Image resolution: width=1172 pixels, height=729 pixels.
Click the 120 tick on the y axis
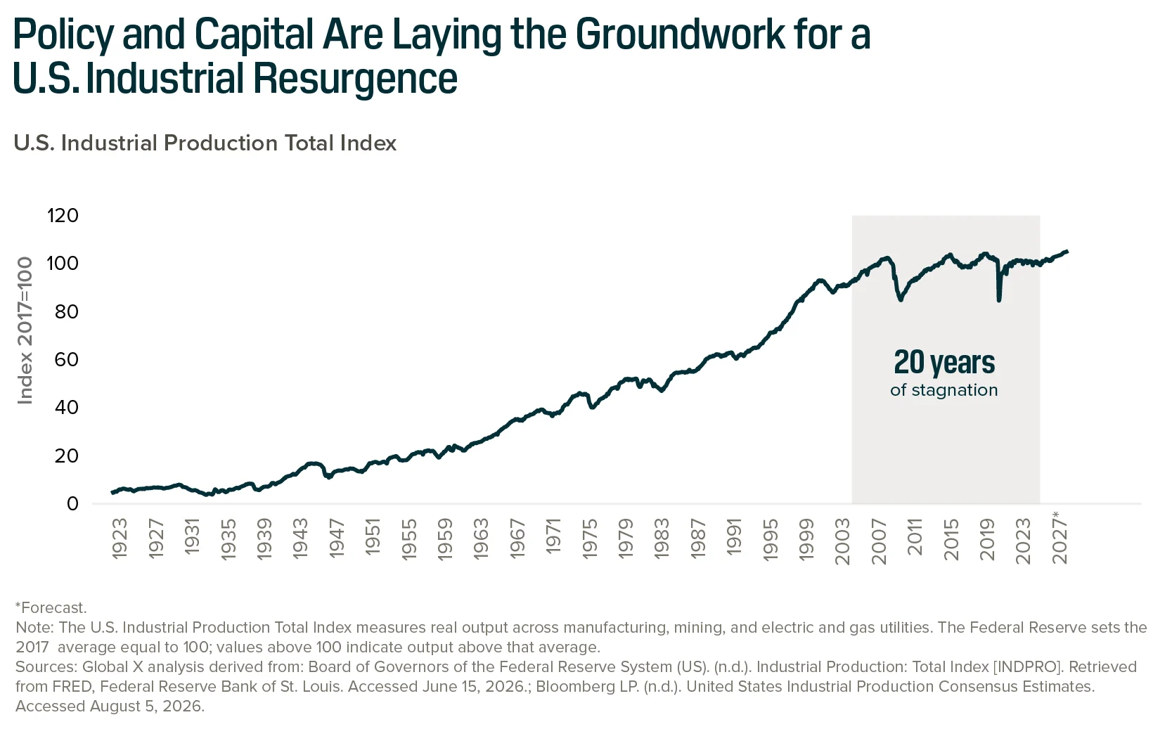[x=63, y=216]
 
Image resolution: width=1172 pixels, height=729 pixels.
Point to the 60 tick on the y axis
[x=67, y=359]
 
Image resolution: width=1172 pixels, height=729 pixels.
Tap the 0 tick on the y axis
[x=72, y=503]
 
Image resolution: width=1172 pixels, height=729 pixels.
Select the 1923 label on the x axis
[x=120, y=539]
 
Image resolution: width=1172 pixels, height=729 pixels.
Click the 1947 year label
[x=337, y=539]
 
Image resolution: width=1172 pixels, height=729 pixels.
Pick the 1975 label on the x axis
[x=590, y=539]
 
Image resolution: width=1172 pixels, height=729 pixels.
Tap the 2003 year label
[x=843, y=541]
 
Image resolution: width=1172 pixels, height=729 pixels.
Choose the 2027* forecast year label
[x=1059, y=538]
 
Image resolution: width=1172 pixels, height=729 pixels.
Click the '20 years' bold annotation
[x=944, y=363]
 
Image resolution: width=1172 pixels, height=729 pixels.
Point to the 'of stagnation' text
[x=944, y=390]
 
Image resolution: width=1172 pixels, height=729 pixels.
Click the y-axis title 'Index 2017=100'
[x=25, y=330]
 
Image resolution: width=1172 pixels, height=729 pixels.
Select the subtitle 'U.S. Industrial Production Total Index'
[x=205, y=143]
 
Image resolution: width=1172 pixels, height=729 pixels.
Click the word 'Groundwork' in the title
[x=680, y=35]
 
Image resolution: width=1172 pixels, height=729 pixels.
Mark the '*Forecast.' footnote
[x=51, y=607]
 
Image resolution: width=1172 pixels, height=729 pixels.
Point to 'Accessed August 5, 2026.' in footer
[x=110, y=706]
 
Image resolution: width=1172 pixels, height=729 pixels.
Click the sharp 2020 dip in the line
[x=999, y=300]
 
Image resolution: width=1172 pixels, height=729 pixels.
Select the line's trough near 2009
[x=901, y=299]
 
